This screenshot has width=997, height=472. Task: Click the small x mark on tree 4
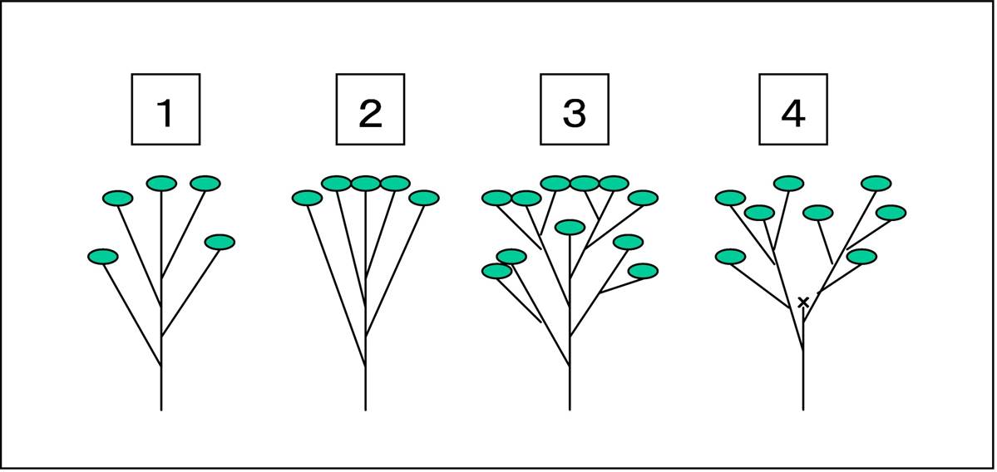pos(803,302)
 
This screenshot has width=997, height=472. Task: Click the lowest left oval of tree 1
pos(103,257)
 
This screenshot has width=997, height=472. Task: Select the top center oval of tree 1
pos(161,184)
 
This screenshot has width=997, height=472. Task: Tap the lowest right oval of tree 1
pos(220,242)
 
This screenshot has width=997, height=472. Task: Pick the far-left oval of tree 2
pos(307,199)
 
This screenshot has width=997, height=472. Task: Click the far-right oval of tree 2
pos(424,199)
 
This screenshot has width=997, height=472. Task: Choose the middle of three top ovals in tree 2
pos(366,184)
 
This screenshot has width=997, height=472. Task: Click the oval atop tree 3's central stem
pos(570,227)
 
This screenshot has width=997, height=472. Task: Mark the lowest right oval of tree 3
pos(643,271)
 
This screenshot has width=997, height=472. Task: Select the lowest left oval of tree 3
pos(497,271)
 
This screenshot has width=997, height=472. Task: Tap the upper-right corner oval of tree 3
pos(643,199)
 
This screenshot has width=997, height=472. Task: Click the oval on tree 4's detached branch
pos(817,213)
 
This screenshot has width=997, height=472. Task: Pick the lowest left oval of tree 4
pos(730,257)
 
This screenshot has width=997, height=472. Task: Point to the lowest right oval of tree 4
pos(861,257)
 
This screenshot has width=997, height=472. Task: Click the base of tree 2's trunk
pos(366,410)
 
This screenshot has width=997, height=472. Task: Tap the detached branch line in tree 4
pos(826,242)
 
